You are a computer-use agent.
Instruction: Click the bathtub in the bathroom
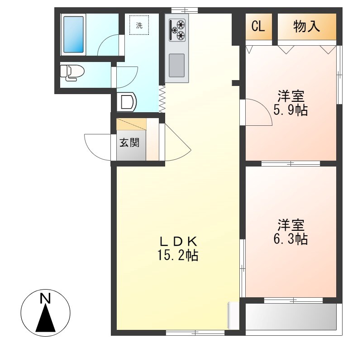(73, 34)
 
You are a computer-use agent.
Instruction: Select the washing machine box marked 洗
(139, 25)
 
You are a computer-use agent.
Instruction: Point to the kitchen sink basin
(176, 65)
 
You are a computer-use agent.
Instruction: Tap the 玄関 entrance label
(129, 143)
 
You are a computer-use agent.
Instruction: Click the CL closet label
(258, 26)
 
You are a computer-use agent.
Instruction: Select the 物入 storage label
(307, 26)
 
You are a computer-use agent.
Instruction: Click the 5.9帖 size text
(291, 110)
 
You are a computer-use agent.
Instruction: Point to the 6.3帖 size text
(291, 239)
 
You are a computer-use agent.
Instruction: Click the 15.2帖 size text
(177, 255)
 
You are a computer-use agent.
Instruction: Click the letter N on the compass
(45, 298)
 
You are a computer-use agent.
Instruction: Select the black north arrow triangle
(46, 318)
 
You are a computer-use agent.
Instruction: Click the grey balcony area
(291, 316)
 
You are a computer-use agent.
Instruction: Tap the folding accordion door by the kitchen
(162, 99)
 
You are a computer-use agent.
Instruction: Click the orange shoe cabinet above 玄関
(131, 124)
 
